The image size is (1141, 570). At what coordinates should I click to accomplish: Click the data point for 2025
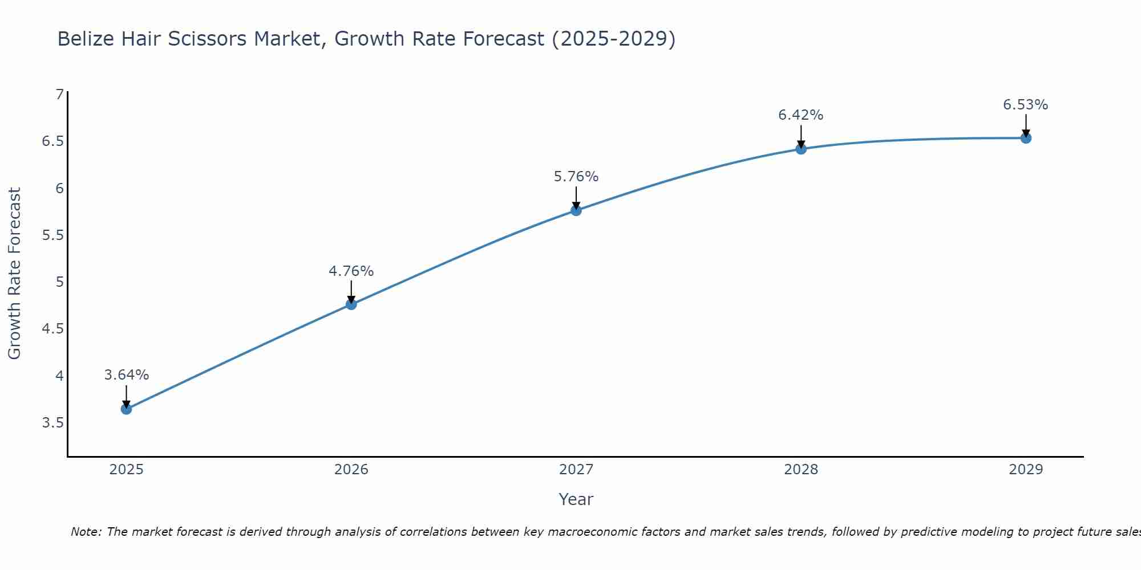[x=126, y=409]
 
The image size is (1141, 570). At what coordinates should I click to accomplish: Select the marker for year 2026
[x=351, y=304]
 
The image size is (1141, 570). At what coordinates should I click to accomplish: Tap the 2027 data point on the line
[x=576, y=210]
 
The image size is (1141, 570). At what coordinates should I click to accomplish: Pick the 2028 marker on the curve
[x=800, y=149]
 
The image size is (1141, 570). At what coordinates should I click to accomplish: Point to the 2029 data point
[x=1025, y=138]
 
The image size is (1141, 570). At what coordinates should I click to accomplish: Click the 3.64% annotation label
[x=126, y=375]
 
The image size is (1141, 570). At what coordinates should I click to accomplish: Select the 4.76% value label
[x=351, y=271]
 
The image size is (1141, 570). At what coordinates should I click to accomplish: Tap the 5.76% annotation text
[x=576, y=177]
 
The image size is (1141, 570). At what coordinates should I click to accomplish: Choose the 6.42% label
[x=800, y=115]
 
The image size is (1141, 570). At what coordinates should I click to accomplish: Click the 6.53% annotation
[x=1025, y=105]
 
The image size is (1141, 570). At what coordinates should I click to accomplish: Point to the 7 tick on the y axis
[x=59, y=94]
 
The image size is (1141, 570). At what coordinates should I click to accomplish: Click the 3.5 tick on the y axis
[x=52, y=423]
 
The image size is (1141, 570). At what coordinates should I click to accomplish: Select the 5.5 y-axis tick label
[x=52, y=235]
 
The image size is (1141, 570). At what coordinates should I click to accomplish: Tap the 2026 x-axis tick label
[x=351, y=470]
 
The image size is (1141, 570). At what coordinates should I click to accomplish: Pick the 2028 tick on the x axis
[x=800, y=470]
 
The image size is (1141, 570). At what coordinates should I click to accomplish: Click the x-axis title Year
[x=576, y=499]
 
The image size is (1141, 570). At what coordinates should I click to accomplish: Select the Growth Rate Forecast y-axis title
[x=14, y=274]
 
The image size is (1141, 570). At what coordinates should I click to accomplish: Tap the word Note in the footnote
[x=84, y=532]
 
